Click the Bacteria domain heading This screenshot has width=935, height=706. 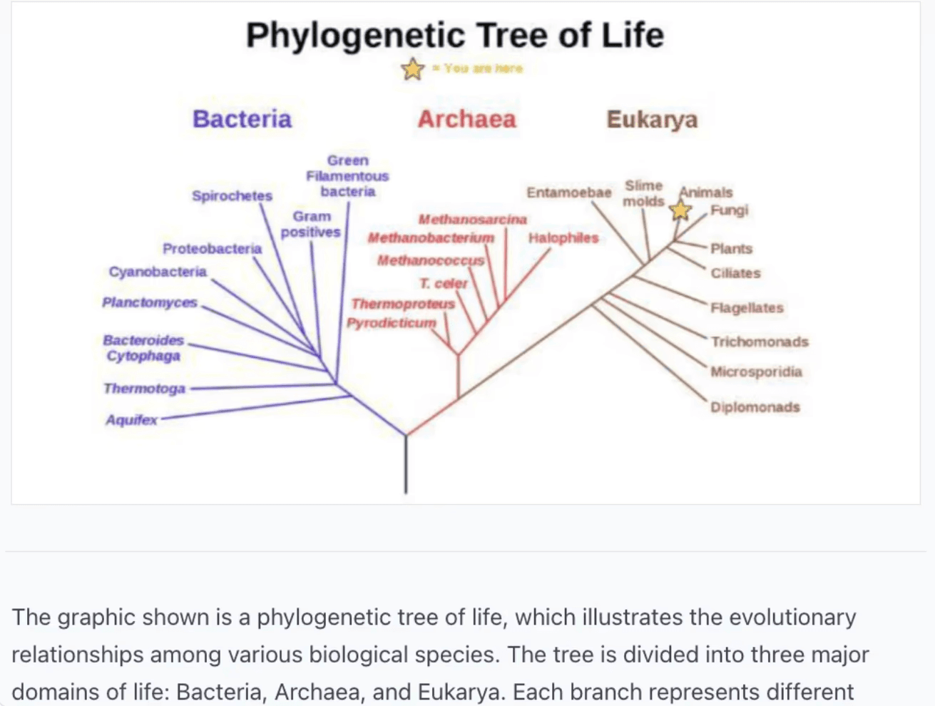coord(242,118)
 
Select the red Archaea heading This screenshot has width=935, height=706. coord(466,118)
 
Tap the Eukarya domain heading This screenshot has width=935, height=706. coord(652,119)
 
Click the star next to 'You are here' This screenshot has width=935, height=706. coord(412,69)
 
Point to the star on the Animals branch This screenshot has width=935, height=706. coord(680,210)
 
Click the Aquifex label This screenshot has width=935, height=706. coord(131,420)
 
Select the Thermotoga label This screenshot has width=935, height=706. coord(144,389)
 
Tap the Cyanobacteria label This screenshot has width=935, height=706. coord(158,272)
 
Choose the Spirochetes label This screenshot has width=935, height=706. coord(232,195)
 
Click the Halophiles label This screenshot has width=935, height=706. coord(563,238)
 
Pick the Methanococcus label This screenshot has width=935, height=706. coord(430,260)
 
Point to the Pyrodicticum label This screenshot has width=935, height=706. coord(391,323)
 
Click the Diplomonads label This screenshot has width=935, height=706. coord(755,407)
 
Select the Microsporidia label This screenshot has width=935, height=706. coord(756,372)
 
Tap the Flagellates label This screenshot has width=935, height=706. coord(747,308)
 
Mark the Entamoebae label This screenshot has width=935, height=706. coord(569,193)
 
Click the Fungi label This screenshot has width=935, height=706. coord(729,210)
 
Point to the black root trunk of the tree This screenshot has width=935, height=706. coord(406,464)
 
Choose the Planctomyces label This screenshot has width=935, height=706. coord(149,302)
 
